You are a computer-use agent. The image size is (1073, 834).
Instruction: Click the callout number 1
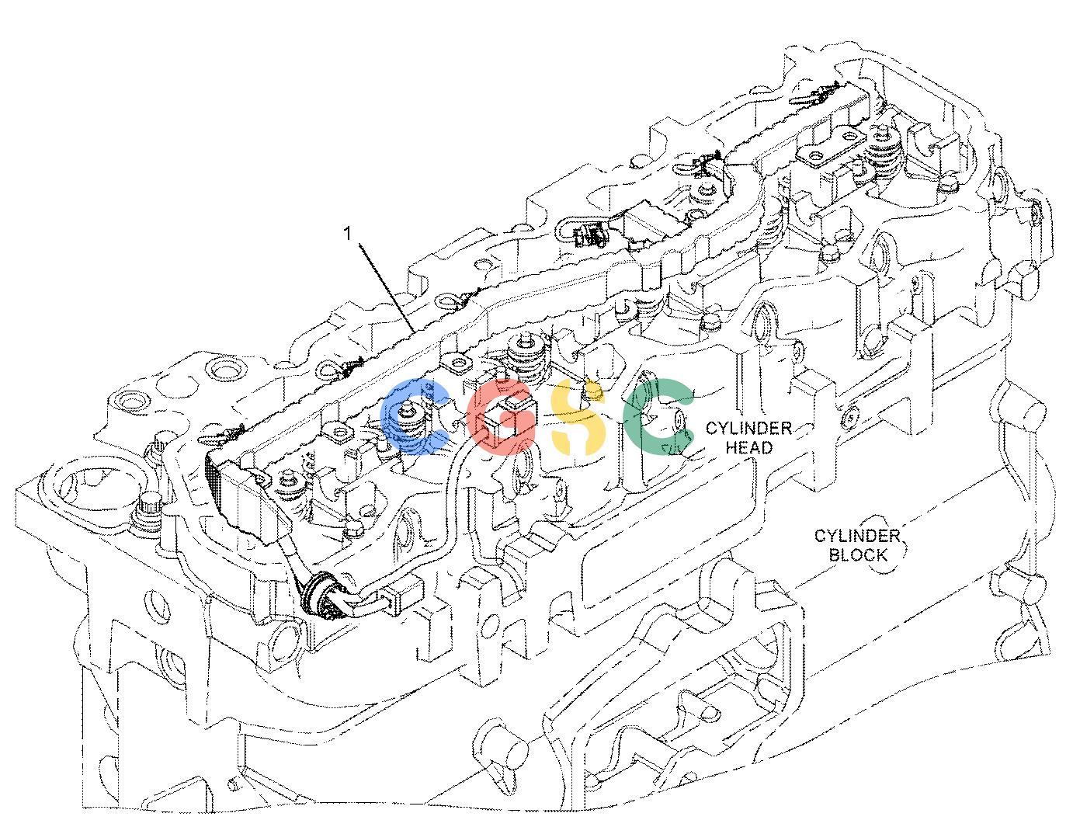[349, 234]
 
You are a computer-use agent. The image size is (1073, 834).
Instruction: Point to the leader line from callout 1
[387, 287]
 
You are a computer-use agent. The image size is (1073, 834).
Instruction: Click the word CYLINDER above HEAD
[748, 428]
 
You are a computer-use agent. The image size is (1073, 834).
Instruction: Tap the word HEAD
[748, 448]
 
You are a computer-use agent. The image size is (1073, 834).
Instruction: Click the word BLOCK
[858, 555]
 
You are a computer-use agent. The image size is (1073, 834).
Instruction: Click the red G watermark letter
[500, 417]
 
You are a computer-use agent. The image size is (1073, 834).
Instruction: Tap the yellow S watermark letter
[578, 417]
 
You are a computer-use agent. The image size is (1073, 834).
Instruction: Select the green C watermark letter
[657, 415]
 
